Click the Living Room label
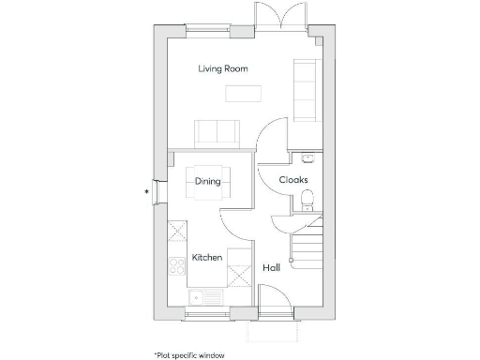pos(223,68)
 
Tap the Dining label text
pos(207,181)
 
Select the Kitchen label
pos(206,257)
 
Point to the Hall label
pos(271,268)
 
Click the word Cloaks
pos(293,179)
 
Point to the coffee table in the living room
pos(244,93)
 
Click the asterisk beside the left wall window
pos(146,192)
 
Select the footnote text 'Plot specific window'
pos(189,354)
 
